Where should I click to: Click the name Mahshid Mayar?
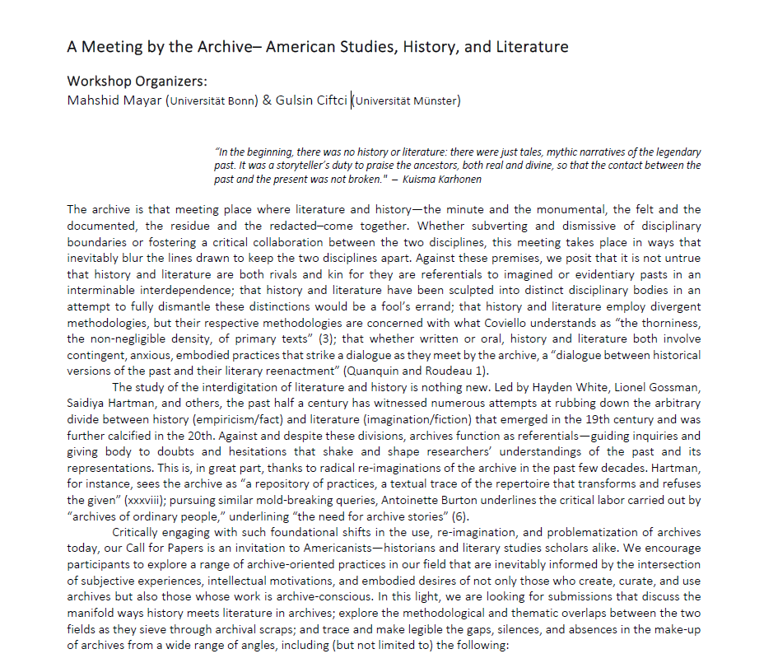pos(115,100)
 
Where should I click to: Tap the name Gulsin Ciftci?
pos(311,100)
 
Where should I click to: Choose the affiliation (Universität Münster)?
pos(407,101)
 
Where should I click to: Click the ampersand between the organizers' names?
pos(267,100)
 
